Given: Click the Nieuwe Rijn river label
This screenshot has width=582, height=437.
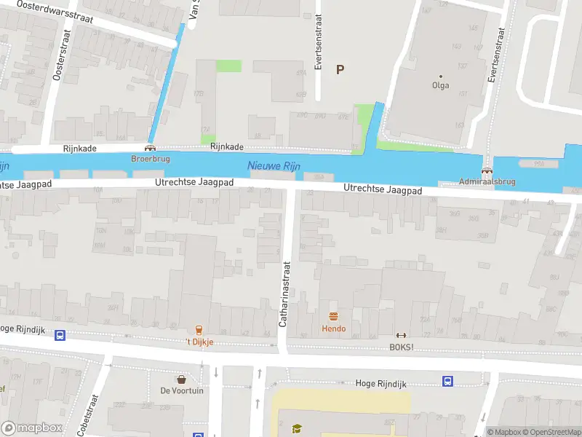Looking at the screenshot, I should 274,166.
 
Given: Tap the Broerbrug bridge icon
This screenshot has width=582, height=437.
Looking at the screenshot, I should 150,148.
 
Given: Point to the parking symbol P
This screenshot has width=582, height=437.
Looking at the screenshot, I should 339,69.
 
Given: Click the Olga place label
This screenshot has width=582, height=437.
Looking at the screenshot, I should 440,85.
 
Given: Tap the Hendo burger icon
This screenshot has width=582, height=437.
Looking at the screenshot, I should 334,316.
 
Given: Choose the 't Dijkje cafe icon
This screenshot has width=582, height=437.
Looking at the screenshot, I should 197,330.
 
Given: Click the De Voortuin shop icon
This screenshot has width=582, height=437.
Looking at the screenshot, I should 181,379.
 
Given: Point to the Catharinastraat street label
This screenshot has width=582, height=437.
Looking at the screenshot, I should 284,294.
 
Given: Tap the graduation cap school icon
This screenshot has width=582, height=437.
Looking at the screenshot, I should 296,429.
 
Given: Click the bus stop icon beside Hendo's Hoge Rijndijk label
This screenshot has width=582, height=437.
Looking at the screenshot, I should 447,381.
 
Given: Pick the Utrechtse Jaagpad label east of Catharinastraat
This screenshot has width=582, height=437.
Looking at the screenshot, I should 383,189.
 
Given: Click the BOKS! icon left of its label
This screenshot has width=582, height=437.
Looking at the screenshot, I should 400,335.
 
